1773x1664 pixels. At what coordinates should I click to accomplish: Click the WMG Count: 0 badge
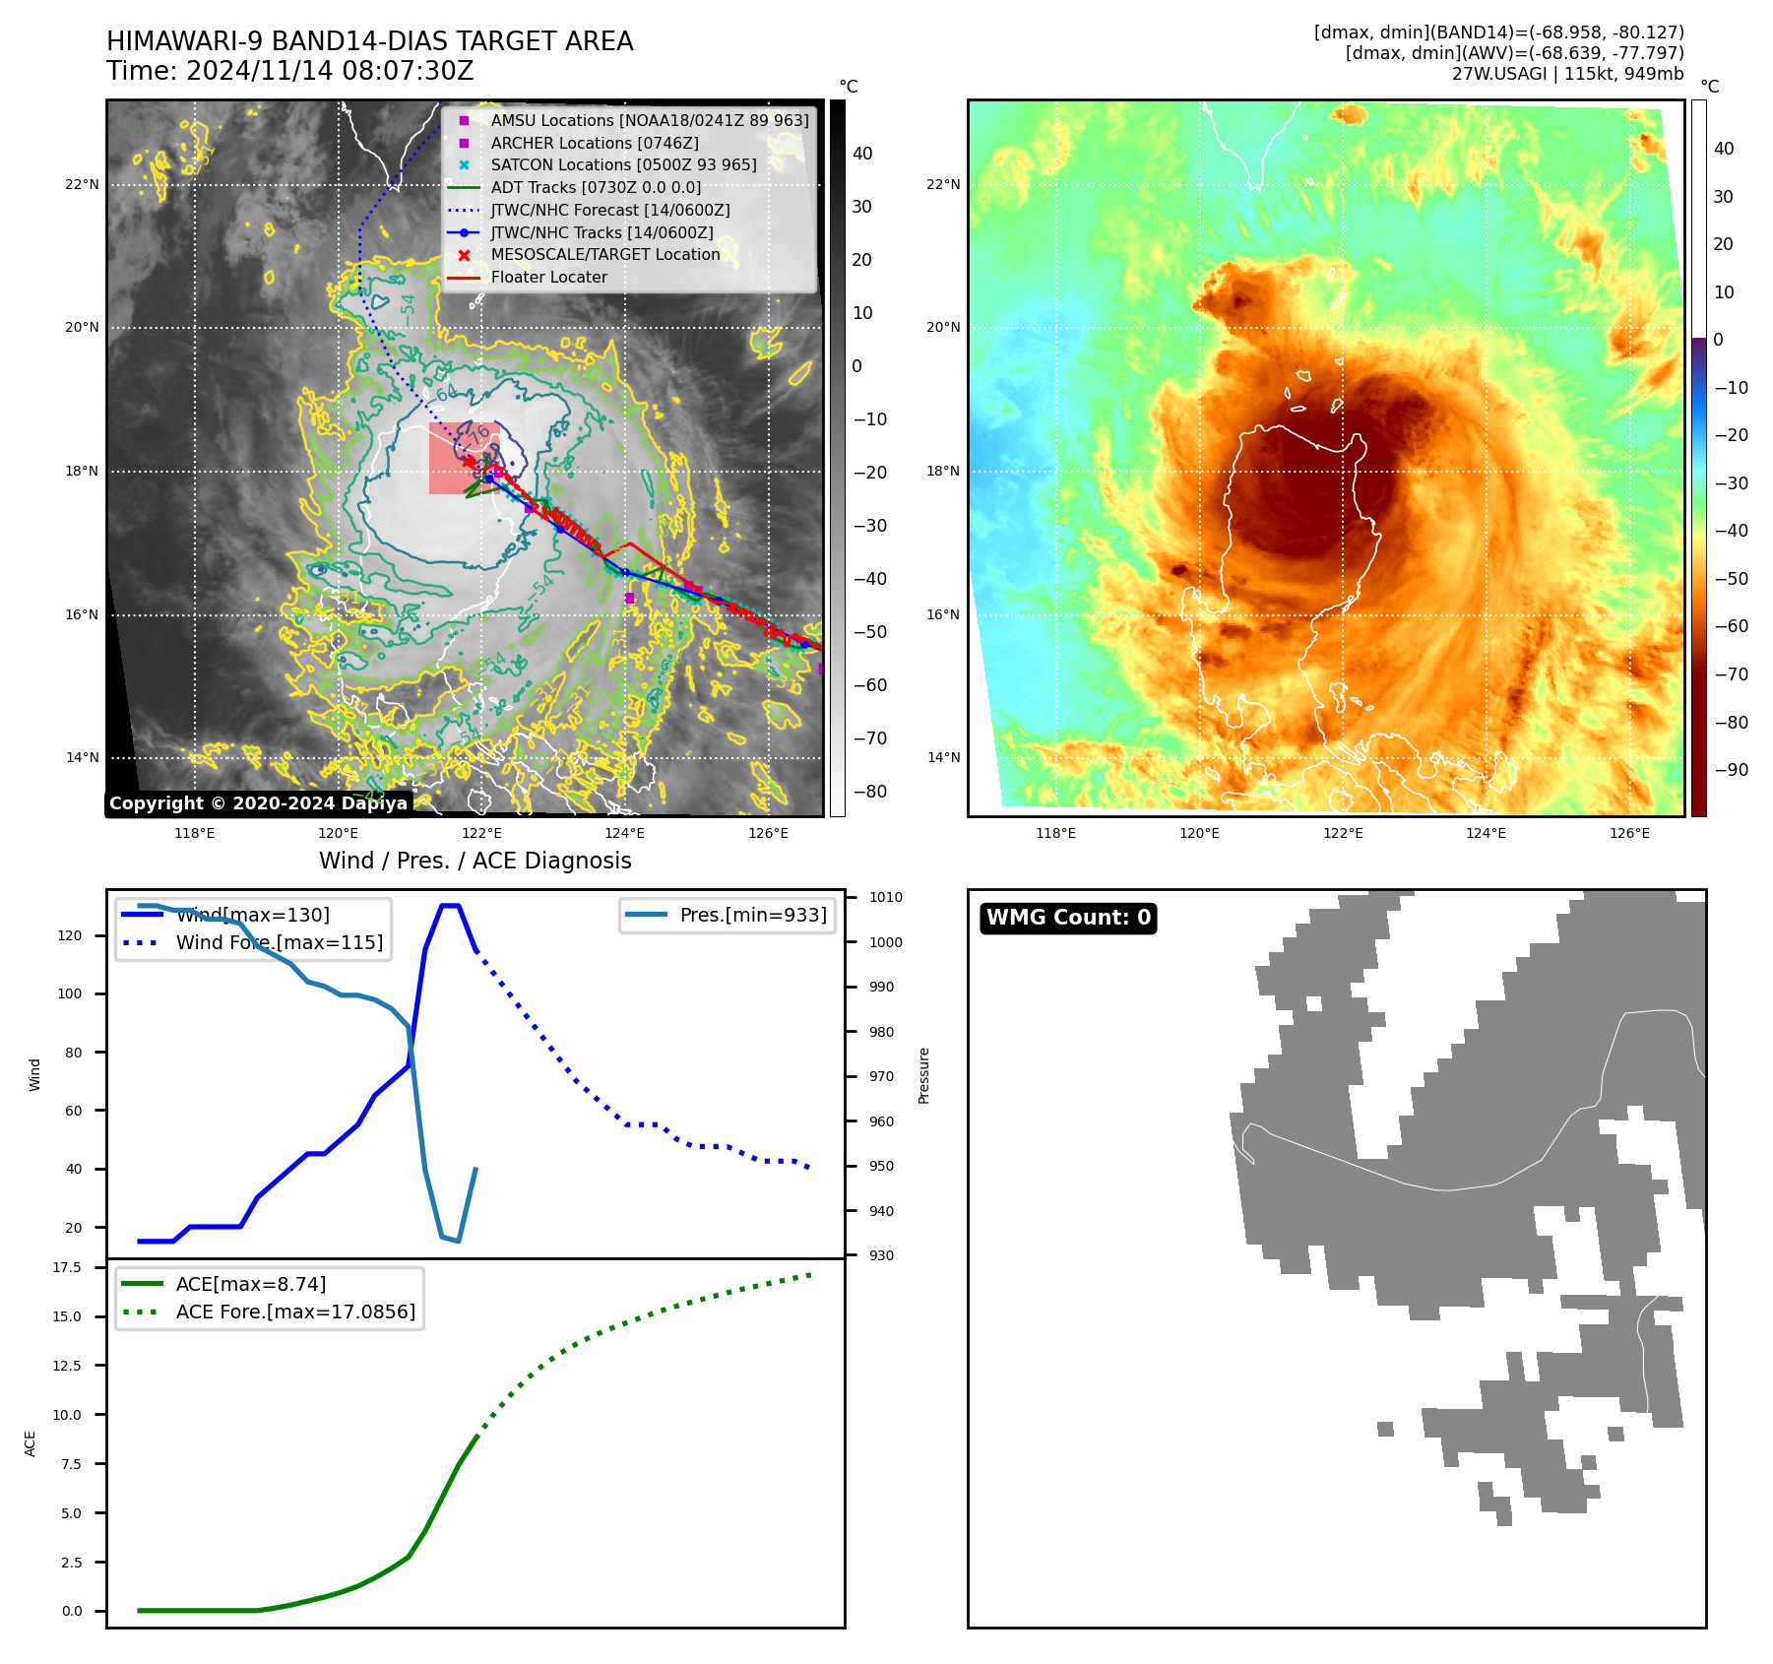click(1068, 918)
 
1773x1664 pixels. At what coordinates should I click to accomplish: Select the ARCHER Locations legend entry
click(595, 143)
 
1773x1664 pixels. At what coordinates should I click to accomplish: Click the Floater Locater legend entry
click(548, 277)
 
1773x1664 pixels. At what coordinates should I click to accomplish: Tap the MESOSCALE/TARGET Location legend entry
click(604, 254)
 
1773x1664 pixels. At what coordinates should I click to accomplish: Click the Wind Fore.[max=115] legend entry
click(279, 942)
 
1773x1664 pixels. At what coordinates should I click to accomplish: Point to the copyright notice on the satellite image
click(258, 803)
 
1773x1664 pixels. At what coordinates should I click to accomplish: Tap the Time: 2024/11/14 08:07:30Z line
click(290, 72)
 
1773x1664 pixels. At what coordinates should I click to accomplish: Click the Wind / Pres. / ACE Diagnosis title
click(475, 861)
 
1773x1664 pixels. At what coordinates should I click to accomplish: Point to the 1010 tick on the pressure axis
click(886, 897)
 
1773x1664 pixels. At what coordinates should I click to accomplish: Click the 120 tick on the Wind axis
click(70, 935)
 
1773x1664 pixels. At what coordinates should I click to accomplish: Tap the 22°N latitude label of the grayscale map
click(83, 184)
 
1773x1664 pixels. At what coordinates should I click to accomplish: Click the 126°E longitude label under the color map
click(1629, 833)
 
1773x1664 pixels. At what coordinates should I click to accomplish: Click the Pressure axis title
click(923, 1075)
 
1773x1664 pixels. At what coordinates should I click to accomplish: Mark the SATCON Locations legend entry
click(623, 164)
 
